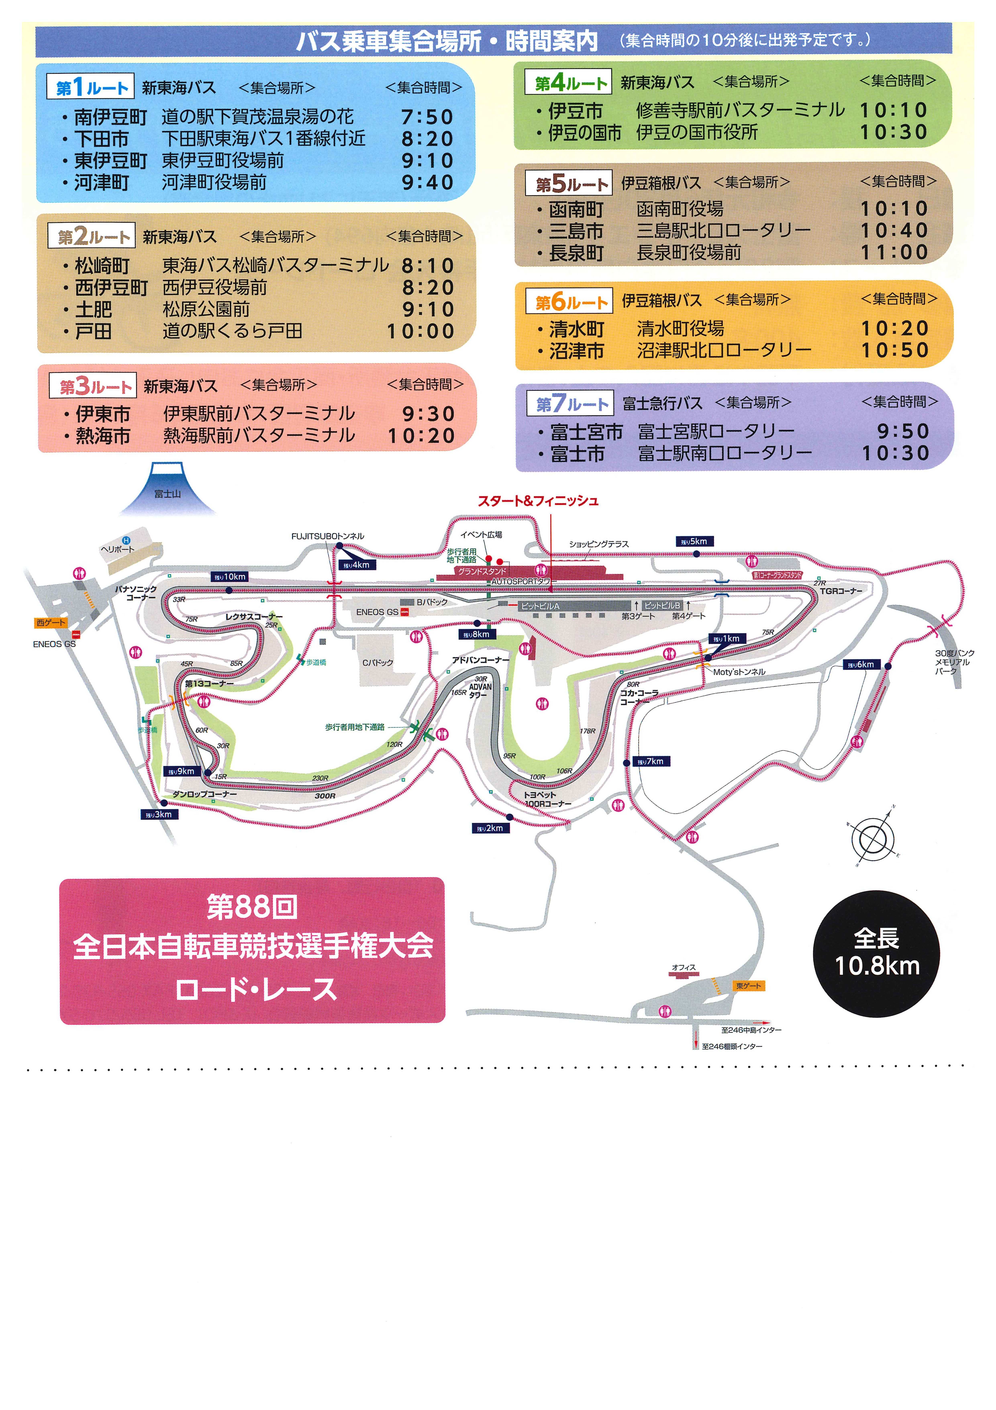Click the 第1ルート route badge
pyautogui.click(x=90, y=87)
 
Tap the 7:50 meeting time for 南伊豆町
pyautogui.click(x=427, y=117)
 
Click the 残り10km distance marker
pyautogui.click(x=230, y=577)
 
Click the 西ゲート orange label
pyautogui.click(x=50, y=623)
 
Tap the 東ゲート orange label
pyautogui.click(x=748, y=986)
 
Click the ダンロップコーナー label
pyautogui.click(x=204, y=794)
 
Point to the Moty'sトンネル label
pyautogui.click(x=739, y=672)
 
